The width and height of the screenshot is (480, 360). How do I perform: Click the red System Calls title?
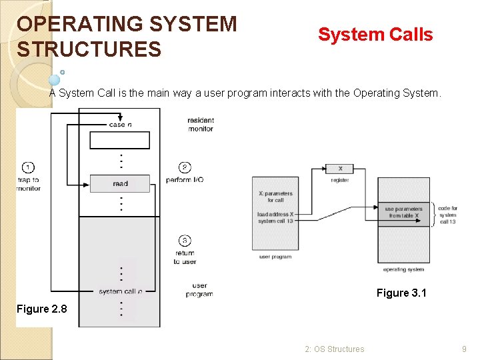tap(375, 35)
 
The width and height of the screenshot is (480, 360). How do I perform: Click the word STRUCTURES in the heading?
tap(89, 49)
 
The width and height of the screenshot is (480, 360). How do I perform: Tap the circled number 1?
tap(28, 167)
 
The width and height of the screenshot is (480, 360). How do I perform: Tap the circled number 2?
tap(185, 167)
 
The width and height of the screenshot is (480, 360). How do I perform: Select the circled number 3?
tap(185, 240)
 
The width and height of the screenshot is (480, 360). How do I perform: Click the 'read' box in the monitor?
tap(120, 183)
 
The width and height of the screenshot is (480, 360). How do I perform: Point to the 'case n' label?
tap(120, 125)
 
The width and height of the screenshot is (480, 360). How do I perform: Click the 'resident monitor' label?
tap(201, 125)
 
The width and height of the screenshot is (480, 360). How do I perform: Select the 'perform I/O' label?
tap(185, 180)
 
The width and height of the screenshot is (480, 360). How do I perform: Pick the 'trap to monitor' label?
tap(28, 184)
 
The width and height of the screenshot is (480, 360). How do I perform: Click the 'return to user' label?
tap(185, 257)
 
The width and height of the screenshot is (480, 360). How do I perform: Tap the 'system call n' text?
tap(120, 291)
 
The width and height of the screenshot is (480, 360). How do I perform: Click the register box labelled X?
tap(340, 169)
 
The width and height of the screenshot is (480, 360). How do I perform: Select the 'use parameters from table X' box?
tap(403, 212)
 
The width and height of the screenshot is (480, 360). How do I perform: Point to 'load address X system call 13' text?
tap(275, 217)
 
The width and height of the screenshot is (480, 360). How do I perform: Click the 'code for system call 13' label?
tap(448, 215)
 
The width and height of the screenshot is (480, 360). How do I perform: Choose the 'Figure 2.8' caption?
tap(42, 309)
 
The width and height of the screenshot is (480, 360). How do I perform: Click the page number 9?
tap(465, 349)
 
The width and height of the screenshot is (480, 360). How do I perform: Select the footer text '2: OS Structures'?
tap(335, 349)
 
